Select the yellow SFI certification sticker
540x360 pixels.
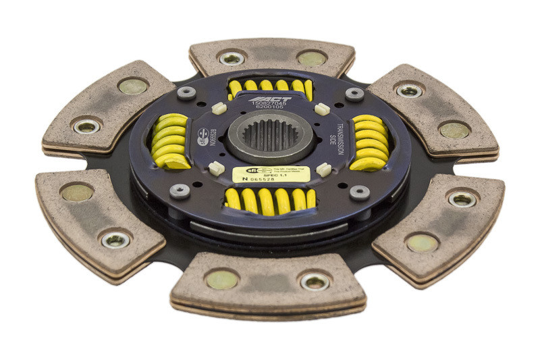coord(271,174)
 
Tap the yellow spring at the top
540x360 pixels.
coord(271,86)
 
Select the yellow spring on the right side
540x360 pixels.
coord(369,142)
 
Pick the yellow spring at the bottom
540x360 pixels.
coord(270,200)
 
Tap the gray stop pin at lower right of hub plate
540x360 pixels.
coord(359,192)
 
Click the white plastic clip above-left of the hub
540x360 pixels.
coord(217,107)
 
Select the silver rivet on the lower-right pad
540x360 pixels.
coord(462,199)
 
